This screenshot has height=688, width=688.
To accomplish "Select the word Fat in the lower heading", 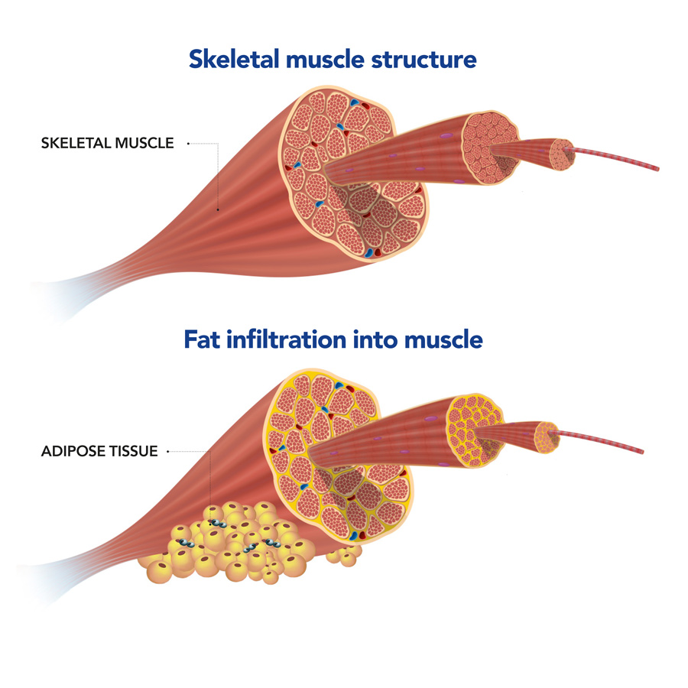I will (203, 339).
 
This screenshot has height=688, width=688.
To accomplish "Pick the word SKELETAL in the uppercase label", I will (70, 143).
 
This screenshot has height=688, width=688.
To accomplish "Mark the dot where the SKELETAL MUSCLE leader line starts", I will (188, 143).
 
